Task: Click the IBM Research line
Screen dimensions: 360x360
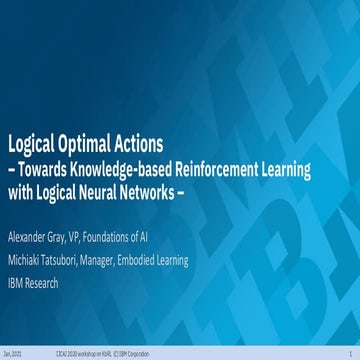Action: [x=32, y=283]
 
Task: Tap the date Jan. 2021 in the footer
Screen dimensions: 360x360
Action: [x=14, y=354]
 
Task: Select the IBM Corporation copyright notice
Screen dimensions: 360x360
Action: [x=189, y=354]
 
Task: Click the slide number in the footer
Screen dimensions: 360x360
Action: [x=351, y=354]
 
